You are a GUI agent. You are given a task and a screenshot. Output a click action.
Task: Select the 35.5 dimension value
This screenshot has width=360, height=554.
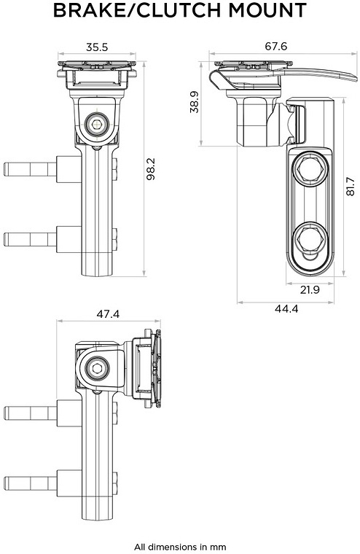click(x=97, y=47)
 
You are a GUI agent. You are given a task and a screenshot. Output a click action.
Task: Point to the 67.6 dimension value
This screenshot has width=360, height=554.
click(x=276, y=46)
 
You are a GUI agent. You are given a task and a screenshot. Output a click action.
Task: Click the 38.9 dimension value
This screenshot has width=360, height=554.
click(x=195, y=102)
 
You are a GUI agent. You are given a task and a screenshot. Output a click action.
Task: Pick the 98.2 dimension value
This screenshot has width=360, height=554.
click(x=151, y=169)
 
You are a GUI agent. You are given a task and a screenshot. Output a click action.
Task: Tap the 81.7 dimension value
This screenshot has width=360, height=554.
click(x=350, y=186)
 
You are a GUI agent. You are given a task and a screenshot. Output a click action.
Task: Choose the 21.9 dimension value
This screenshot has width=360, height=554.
click(x=310, y=289)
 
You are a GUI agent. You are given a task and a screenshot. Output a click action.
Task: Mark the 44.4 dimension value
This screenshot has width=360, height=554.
click(x=286, y=309)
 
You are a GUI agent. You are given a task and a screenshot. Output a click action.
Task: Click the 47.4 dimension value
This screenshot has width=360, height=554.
click(x=108, y=313)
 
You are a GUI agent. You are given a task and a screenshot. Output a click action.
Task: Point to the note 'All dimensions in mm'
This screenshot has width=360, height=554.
click(x=180, y=547)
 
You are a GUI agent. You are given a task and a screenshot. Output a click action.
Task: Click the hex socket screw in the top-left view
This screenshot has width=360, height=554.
click(x=97, y=124)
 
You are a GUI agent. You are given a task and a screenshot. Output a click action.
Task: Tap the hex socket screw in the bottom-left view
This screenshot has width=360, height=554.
click(x=96, y=370)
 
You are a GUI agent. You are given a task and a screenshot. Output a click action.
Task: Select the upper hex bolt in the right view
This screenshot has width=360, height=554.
click(x=310, y=171)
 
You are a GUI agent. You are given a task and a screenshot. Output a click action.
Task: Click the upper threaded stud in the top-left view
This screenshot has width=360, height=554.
click(x=30, y=169)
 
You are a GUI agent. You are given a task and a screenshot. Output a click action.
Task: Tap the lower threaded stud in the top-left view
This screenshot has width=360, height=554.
click(x=30, y=239)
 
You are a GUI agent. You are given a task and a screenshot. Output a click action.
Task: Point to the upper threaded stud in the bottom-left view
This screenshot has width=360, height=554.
click(x=30, y=413)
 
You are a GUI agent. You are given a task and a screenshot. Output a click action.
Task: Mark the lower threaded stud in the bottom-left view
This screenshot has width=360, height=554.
click(x=30, y=483)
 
